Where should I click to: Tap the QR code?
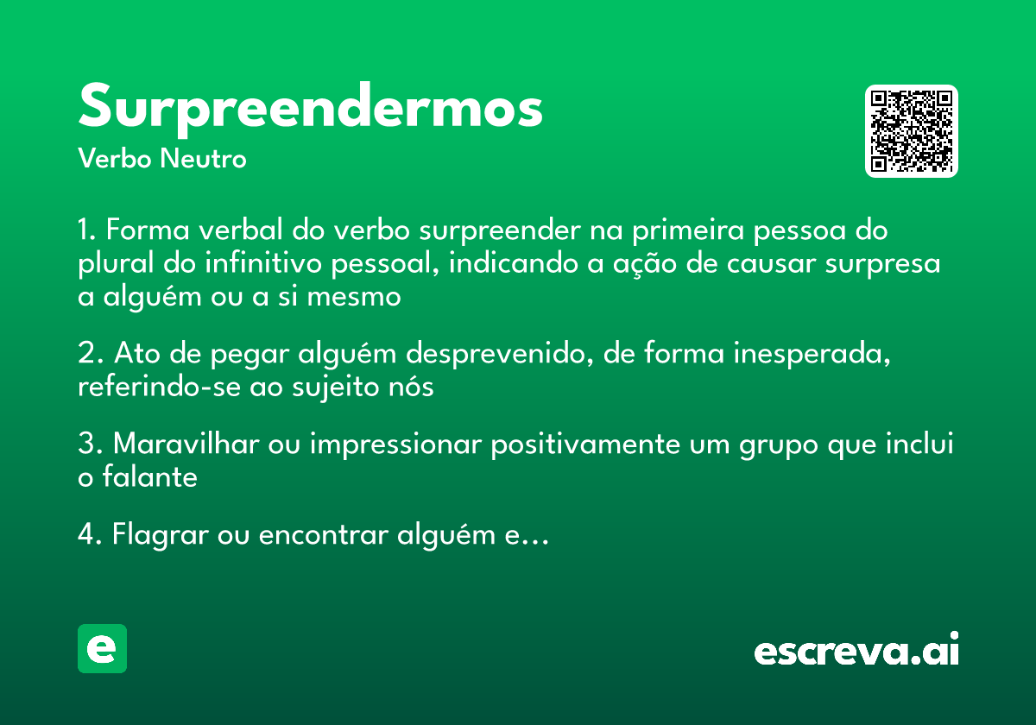pyautogui.click(x=912, y=131)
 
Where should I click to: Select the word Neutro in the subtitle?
pyautogui.click(x=204, y=159)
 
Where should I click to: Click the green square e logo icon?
pyautogui.click(x=102, y=648)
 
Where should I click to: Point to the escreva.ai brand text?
pyautogui.click(x=856, y=650)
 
